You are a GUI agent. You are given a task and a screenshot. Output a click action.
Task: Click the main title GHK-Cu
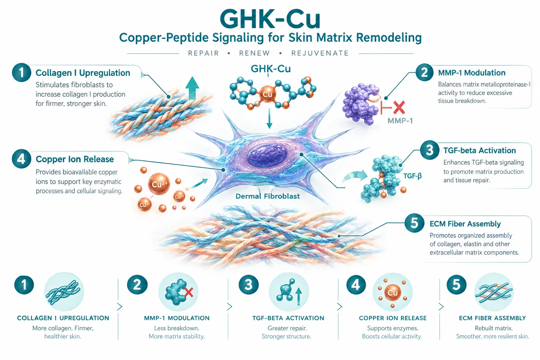(270, 20)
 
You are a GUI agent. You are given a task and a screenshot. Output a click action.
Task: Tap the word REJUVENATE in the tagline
(320, 53)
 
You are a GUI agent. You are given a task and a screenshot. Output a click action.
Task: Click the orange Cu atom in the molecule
(267, 94)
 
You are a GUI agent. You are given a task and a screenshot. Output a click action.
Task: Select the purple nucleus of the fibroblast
(267, 155)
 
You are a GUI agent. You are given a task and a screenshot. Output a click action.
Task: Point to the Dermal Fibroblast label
(268, 196)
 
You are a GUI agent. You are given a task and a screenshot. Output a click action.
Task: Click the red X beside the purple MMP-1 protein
(399, 108)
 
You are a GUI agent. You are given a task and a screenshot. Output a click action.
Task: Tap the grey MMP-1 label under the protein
(400, 121)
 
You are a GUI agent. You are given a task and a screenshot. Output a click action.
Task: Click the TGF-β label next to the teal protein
(412, 176)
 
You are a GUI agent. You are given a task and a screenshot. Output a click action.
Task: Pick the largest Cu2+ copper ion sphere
(159, 184)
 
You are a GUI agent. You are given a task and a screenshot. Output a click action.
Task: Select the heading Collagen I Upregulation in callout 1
(83, 73)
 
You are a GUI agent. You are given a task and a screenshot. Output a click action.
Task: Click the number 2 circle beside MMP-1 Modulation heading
(425, 72)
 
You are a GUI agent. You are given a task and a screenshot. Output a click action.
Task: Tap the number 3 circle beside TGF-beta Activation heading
(430, 150)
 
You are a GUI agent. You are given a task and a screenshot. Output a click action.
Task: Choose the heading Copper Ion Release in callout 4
(75, 159)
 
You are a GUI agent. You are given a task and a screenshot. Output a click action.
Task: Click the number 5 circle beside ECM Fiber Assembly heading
(414, 223)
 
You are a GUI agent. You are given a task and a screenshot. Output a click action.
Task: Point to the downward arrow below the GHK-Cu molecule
(269, 118)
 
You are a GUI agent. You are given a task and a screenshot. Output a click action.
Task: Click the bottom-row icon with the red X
(178, 292)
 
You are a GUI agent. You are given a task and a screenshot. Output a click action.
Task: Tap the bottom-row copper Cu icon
(392, 292)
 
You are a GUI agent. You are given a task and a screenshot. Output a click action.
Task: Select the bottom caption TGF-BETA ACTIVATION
(288, 318)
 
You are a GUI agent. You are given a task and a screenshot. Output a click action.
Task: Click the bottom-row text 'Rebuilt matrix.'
(494, 328)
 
